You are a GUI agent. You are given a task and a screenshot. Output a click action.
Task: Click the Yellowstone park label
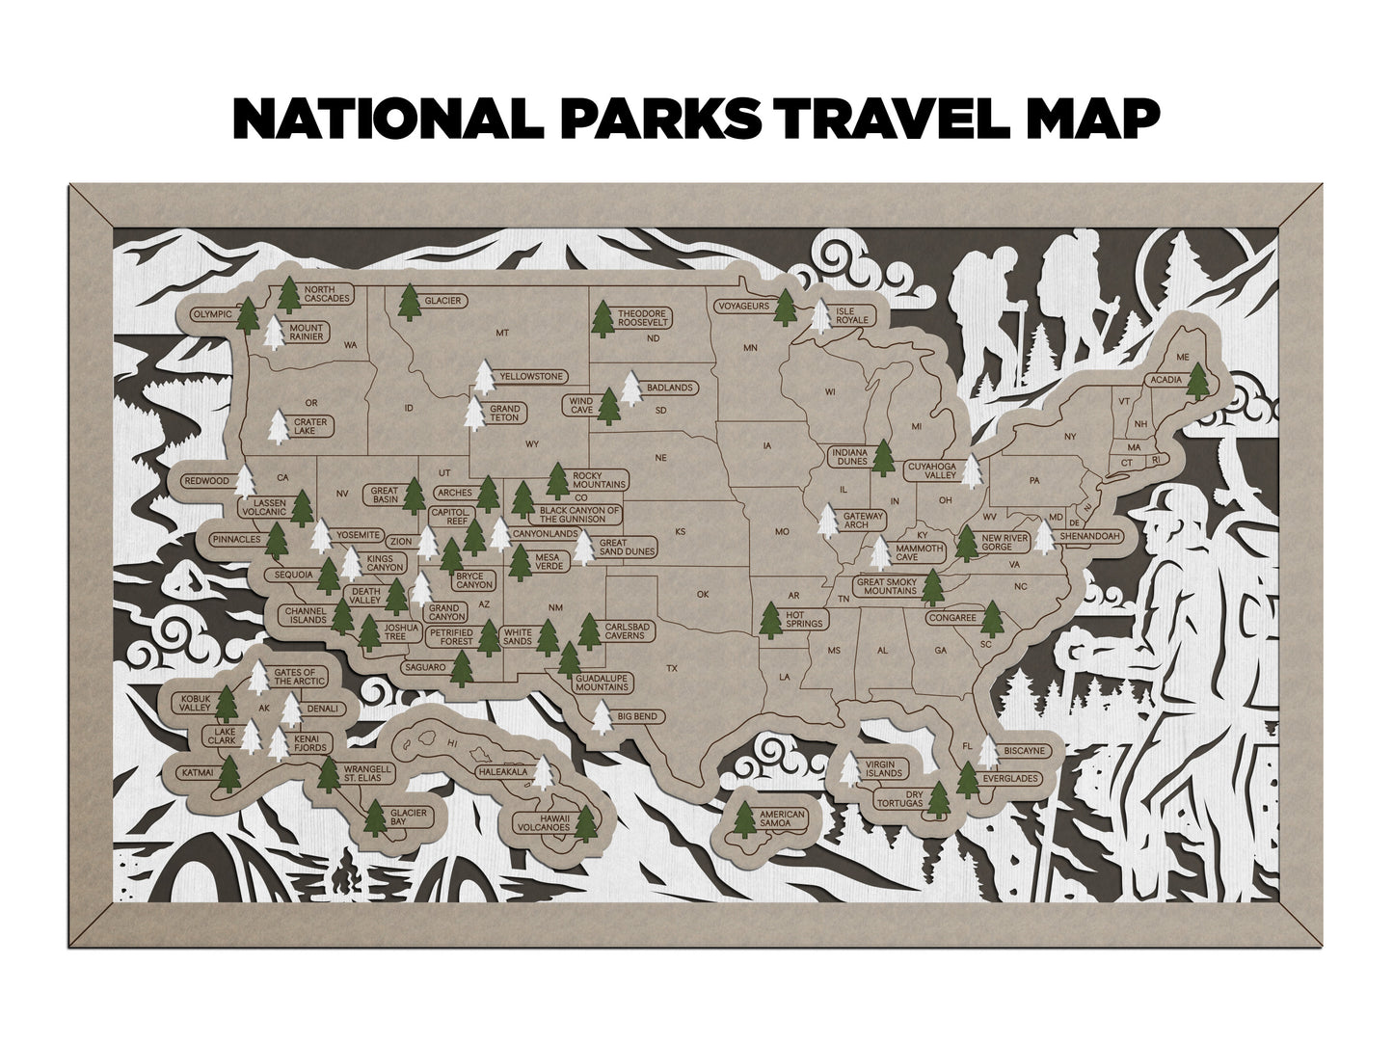pos(530,376)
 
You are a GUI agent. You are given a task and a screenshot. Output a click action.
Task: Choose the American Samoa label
pos(781,820)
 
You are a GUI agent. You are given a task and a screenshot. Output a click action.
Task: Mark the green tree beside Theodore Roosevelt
pos(604,320)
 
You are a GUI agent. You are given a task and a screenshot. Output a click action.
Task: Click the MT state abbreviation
pos(501,333)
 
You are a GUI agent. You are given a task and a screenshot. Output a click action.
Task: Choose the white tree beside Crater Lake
pos(278,427)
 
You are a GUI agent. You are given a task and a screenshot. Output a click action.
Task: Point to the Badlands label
pos(670,388)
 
